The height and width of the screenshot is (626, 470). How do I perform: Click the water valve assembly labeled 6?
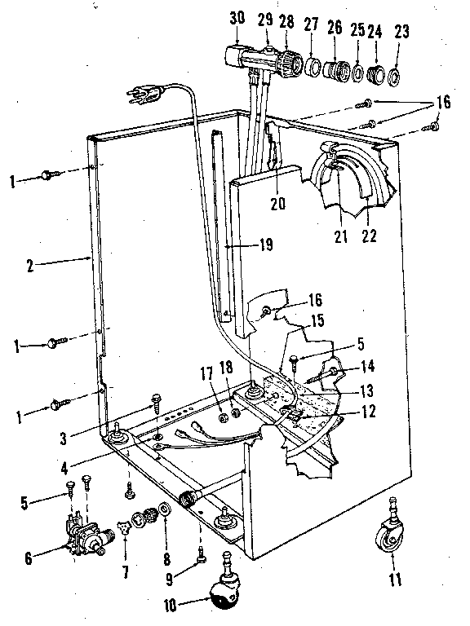[86, 536]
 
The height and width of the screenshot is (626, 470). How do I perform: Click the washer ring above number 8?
[164, 510]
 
